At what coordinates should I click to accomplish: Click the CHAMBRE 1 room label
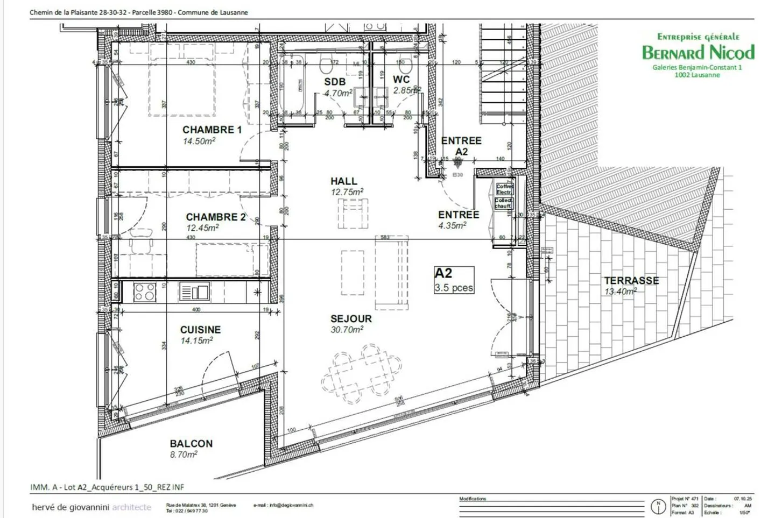(x=212, y=130)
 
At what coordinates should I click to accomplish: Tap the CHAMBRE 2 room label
(x=215, y=217)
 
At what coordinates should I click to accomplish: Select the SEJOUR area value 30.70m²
(x=347, y=330)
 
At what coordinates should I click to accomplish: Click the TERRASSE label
(x=631, y=280)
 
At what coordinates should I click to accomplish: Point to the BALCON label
(x=191, y=444)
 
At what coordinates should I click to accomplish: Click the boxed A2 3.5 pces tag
(x=454, y=280)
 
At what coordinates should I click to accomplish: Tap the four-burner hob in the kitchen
(x=145, y=292)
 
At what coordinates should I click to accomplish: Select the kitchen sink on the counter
(x=194, y=292)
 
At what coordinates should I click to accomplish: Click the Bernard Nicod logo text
(x=697, y=52)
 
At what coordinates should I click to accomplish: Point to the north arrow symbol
(x=658, y=506)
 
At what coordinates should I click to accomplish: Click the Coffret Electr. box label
(x=504, y=189)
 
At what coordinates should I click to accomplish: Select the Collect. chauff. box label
(x=504, y=203)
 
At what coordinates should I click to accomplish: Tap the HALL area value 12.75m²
(x=347, y=192)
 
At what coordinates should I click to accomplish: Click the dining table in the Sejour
(x=362, y=373)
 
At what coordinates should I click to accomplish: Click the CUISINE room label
(x=200, y=330)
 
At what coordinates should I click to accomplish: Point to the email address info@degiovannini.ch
(x=283, y=505)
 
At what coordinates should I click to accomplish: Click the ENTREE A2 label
(x=461, y=146)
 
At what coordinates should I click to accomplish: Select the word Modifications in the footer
(x=473, y=499)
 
